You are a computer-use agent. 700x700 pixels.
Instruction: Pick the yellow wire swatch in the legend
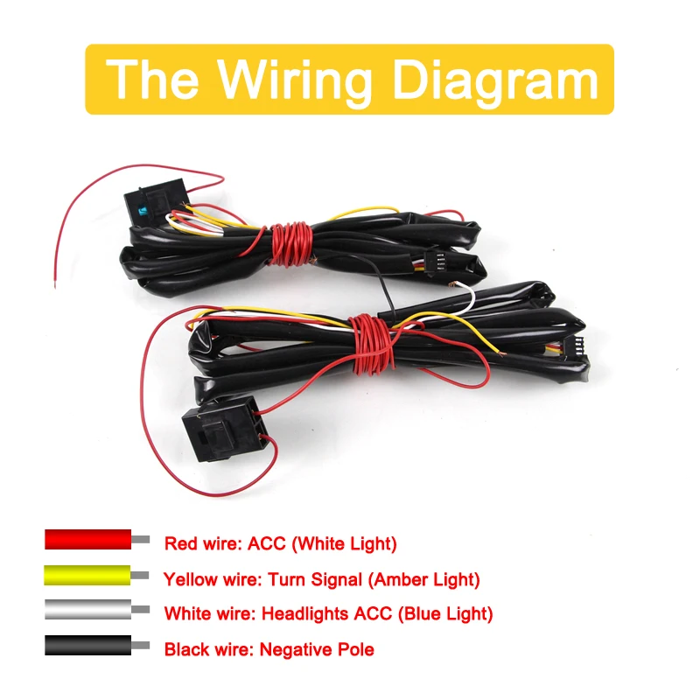coord(87,575)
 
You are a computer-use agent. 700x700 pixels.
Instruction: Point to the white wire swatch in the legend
coord(87,611)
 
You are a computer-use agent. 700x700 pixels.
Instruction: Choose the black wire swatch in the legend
coord(87,647)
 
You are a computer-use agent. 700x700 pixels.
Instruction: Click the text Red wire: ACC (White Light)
coord(280,543)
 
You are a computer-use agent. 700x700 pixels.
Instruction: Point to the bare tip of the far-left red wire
coord(55,283)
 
